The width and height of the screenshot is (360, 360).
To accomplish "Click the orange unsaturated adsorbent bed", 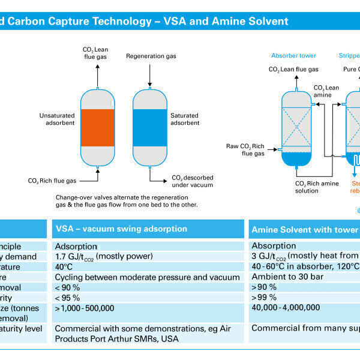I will tap(97, 127).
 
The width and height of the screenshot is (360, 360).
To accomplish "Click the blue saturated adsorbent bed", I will tap(149, 127).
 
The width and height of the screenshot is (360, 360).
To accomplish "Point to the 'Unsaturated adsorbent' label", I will tap(58, 119).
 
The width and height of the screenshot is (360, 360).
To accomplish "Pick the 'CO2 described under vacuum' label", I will tap(192, 181).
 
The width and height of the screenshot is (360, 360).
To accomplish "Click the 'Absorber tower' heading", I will tap(293, 55).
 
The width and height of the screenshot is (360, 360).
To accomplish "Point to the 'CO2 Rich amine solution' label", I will tap(317, 187).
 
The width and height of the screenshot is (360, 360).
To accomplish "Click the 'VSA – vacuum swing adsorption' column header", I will tap(121, 229).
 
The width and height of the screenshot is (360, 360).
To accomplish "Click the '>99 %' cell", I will tap(264, 297).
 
